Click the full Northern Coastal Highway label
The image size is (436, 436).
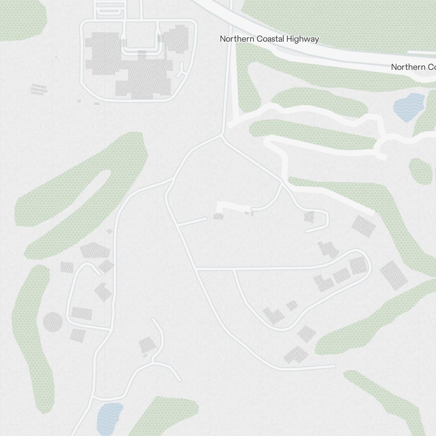click(x=269, y=39)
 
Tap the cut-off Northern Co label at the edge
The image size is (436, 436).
click(x=413, y=67)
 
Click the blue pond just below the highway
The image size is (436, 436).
click(x=409, y=106)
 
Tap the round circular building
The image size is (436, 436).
click(x=53, y=322)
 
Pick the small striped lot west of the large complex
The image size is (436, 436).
click(x=39, y=89)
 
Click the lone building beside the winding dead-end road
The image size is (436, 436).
click(x=147, y=345)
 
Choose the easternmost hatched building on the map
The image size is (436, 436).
click(x=393, y=275)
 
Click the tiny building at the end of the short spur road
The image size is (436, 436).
click(x=218, y=216)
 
